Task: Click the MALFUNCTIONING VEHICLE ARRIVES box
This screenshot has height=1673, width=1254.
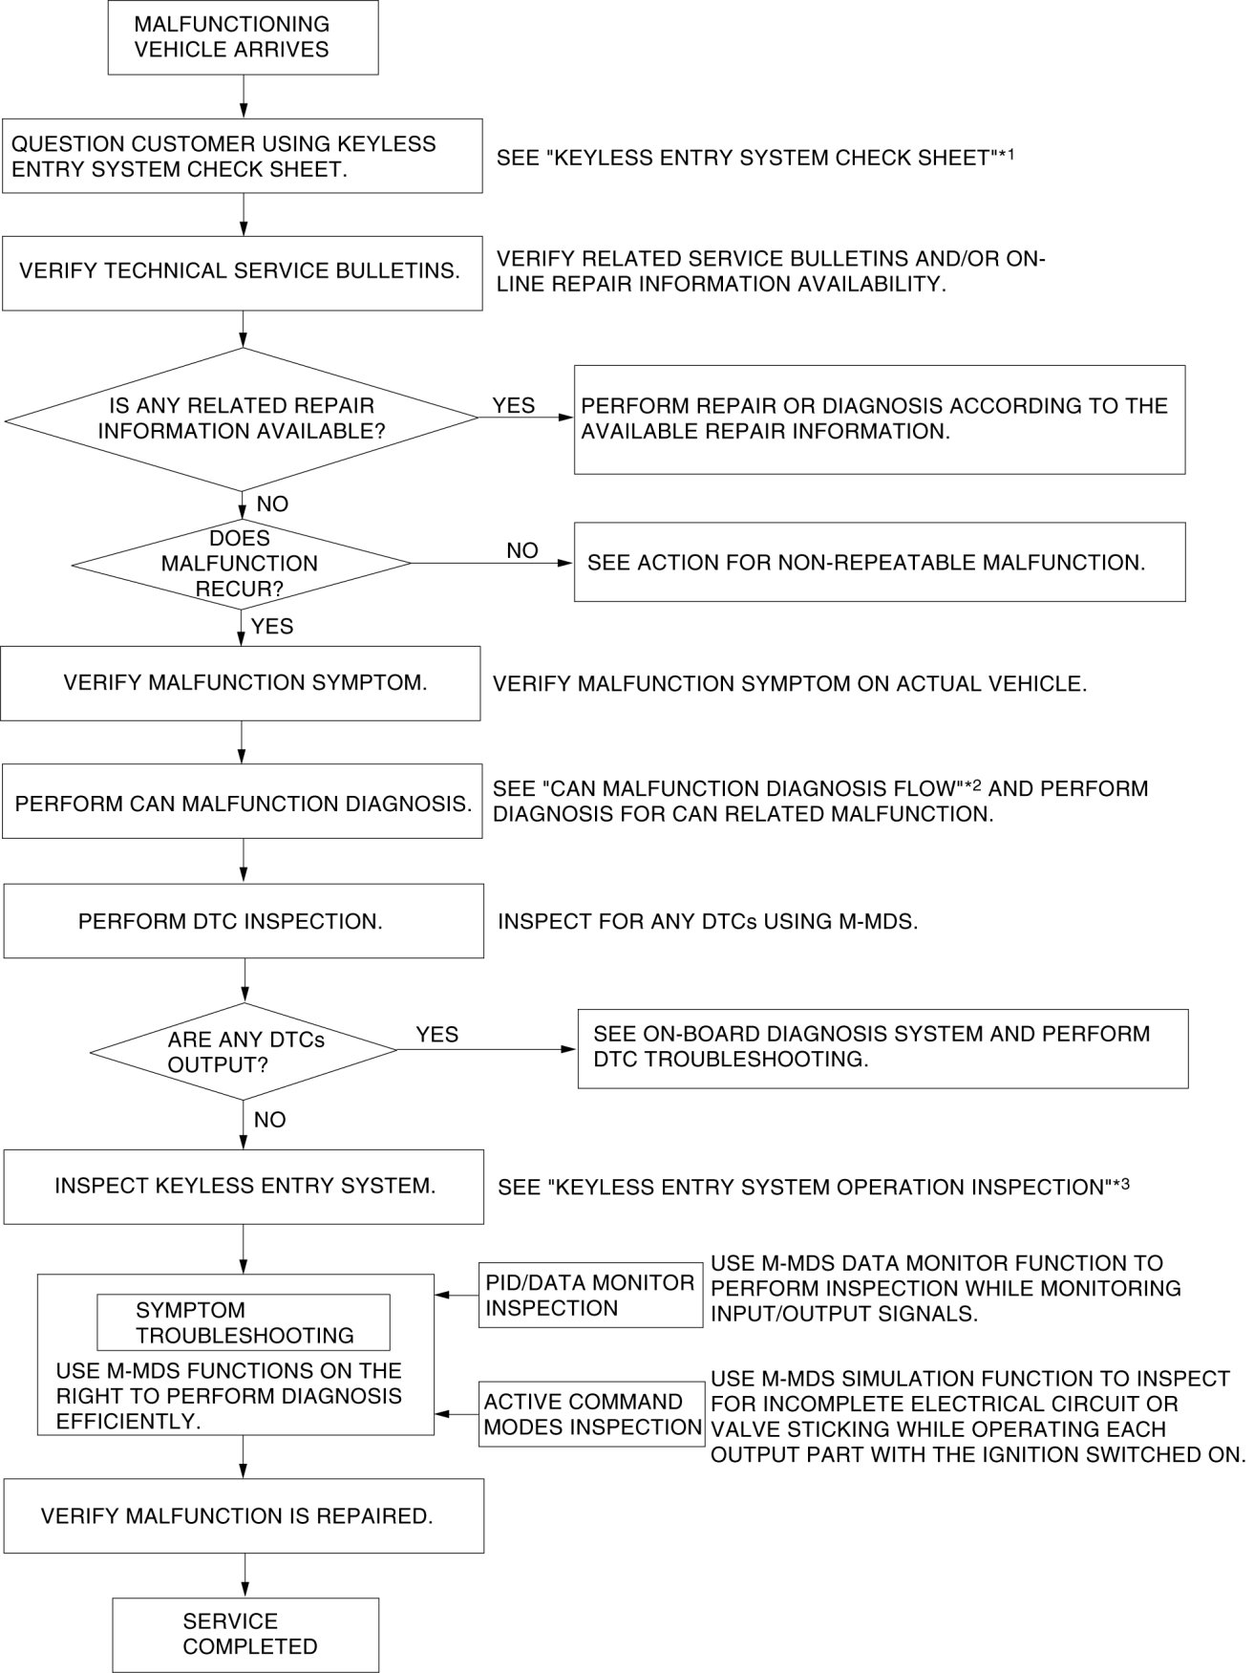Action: point(243,37)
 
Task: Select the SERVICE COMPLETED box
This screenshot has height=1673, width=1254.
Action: point(245,1634)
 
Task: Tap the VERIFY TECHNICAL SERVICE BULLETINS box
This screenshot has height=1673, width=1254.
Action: point(242,271)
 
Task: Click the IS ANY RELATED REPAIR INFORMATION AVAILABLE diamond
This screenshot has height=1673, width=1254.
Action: point(242,418)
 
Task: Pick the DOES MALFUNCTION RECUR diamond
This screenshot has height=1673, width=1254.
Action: point(241,563)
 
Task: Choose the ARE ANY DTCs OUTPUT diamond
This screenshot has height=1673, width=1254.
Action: point(244,1051)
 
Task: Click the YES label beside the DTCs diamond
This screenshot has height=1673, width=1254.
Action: point(436,1035)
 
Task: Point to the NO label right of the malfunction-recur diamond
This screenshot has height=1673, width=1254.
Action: point(521,550)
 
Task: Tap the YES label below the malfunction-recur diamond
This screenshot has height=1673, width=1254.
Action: point(271,627)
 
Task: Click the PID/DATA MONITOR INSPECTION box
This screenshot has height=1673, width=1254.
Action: point(590,1296)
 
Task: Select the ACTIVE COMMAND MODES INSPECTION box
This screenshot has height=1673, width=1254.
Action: point(591,1414)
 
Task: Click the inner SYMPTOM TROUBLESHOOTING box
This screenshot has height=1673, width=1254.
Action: point(244,1322)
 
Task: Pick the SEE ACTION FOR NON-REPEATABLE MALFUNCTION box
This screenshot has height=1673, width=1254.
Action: point(879,562)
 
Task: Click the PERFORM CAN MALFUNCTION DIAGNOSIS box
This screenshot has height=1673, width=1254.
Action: point(242,802)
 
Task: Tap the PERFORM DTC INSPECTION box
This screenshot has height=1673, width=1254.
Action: point(244,921)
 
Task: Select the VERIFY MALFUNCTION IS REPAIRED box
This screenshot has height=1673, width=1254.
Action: point(244,1515)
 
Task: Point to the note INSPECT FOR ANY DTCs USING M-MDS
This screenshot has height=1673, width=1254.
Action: point(707,922)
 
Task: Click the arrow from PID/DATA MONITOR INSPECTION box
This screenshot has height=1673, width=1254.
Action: point(457,1296)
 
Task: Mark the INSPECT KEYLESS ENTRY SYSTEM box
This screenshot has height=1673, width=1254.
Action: point(244,1186)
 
